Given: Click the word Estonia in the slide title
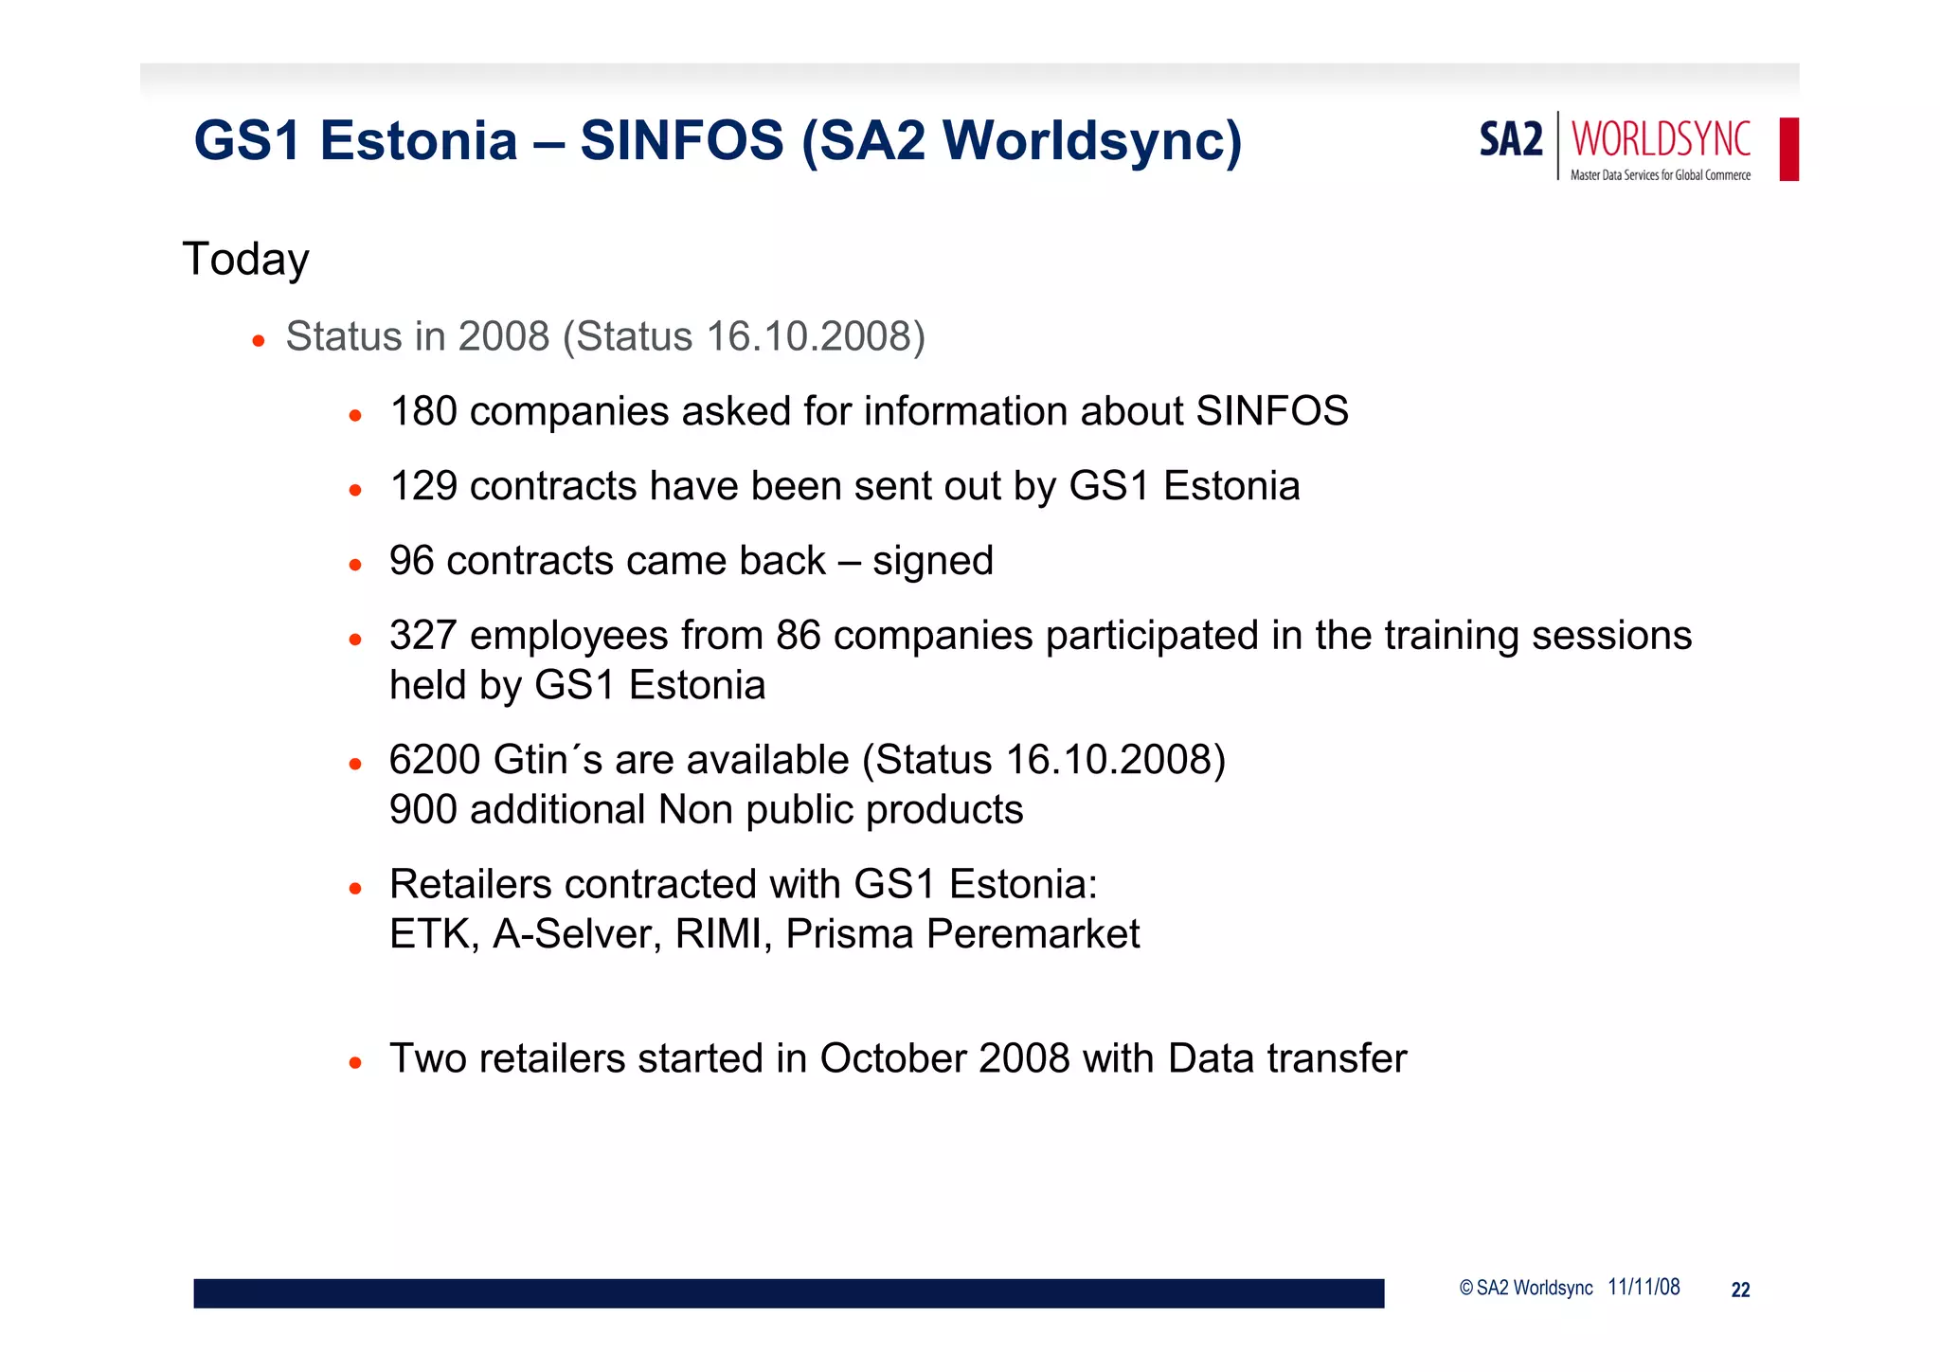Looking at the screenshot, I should [419, 141].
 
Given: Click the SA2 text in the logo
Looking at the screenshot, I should [1511, 140].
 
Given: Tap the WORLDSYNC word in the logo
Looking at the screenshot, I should [1661, 140].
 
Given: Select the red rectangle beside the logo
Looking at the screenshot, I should [1788, 149].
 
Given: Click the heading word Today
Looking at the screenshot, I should [246, 260].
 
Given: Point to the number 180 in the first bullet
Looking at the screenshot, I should [423, 412].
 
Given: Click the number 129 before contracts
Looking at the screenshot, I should [423, 487].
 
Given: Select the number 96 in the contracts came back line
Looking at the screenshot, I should [411, 561].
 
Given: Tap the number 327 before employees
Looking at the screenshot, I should [423, 636].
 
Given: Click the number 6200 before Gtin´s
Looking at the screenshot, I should [435, 760].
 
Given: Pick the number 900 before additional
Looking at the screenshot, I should [423, 810].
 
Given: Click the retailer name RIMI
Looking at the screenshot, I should [723, 934].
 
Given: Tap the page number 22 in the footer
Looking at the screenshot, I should [1740, 1290].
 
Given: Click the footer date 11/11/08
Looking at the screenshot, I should [1644, 1288].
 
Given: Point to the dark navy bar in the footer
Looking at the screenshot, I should [788, 1293].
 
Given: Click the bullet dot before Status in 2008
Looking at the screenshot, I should [258, 340].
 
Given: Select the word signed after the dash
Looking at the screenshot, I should [932, 562].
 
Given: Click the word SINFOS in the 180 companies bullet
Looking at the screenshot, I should [1271, 412].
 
